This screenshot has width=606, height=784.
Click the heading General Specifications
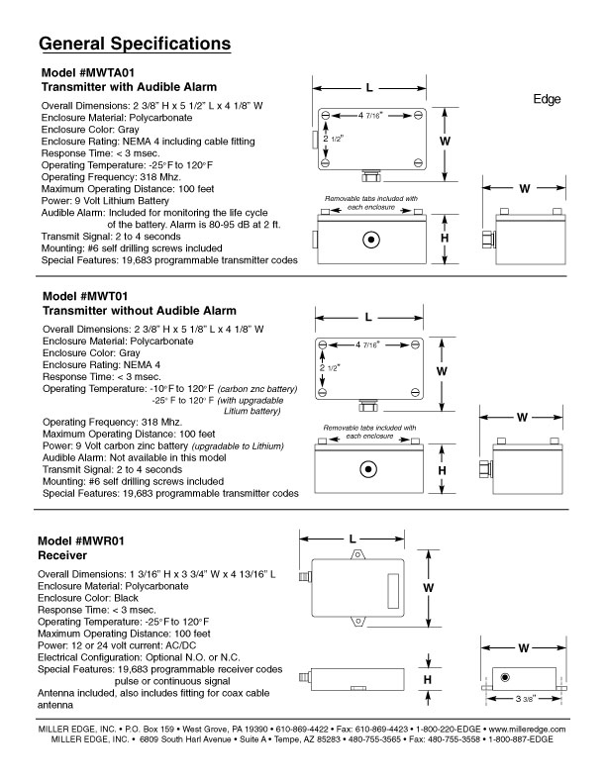pyautogui.click(x=135, y=45)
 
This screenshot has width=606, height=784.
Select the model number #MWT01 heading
pyautogui.click(x=99, y=296)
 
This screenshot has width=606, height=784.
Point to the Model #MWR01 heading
pyautogui.click(x=80, y=542)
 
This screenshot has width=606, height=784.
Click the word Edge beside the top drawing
pyautogui.click(x=547, y=100)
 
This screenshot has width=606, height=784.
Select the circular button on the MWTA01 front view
pyautogui.click(x=371, y=240)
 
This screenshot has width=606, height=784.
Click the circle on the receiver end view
pyautogui.click(x=505, y=678)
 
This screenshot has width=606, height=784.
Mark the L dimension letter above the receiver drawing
pyautogui.click(x=353, y=539)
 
